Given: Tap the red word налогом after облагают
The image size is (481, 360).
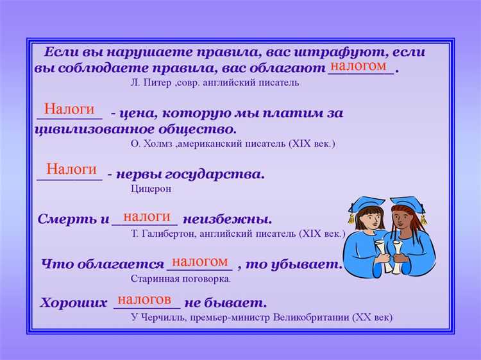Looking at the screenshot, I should (359, 66).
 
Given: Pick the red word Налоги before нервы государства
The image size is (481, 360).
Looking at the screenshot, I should (71, 169).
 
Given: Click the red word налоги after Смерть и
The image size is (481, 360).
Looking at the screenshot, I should (147, 216).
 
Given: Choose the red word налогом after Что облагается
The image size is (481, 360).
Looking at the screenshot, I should (200, 261).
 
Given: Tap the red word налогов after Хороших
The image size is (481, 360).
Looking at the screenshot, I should (144, 299).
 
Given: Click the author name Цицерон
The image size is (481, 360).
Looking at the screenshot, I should (151, 189).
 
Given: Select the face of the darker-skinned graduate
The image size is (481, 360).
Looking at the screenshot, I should (403, 223).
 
